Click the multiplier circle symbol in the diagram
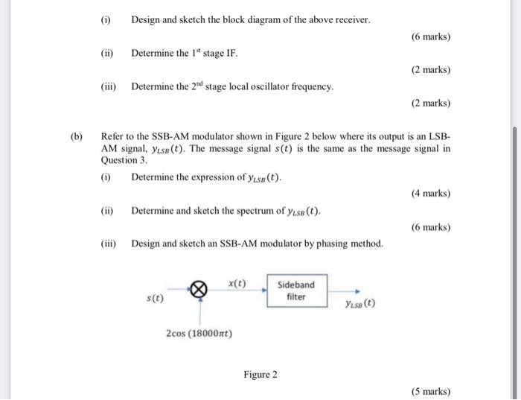199,291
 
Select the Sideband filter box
296,291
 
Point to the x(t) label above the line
237,283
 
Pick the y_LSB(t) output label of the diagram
360,304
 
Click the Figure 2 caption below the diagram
260,374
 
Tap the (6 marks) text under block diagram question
431,36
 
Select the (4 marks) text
431,194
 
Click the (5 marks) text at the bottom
431,392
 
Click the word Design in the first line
147,19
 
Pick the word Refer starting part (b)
112,137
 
